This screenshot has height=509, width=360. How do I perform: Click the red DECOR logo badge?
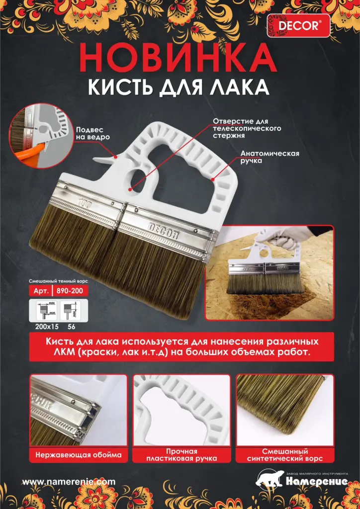pos(298,26)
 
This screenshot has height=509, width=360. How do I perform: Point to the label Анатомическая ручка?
pos(270,157)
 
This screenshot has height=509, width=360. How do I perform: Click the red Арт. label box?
pos(41,291)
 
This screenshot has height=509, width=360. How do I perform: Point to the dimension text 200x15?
pos(47,327)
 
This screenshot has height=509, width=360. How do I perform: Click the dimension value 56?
pos(71,327)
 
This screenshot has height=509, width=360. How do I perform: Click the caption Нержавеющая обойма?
pos(79,455)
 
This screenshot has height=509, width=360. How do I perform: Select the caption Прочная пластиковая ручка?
pos(181,455)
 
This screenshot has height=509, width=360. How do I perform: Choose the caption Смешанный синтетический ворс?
pos(285,455)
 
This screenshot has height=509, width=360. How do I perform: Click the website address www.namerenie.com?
pos(69,482)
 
